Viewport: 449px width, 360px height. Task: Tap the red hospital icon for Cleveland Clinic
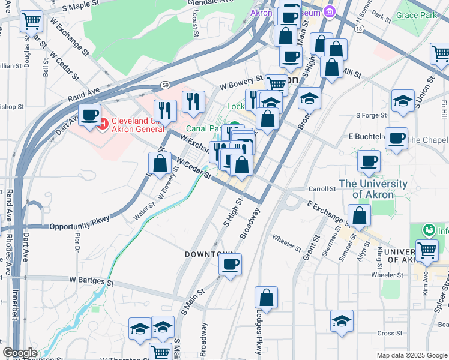pyautogui.click(x=102, y=124)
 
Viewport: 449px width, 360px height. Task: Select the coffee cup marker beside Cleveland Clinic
pyautogui.click(x=90, y=115)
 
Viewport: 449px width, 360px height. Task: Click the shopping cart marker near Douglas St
pyautogui.click(x=31, y=22)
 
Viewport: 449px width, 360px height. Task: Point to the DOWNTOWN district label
pyautogui.click(x=209, y=254)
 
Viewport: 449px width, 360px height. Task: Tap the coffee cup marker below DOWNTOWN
pyautogui.click(x=230, y=265)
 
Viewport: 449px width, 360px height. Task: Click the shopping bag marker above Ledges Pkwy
pyautogui.click(x=266, y=298)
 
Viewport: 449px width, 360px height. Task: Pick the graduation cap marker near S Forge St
pyautogui.click(x=403, y=100)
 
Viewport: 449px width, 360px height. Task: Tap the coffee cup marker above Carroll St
pyautogui.click(x=369, y=161)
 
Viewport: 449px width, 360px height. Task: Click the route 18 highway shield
pyautogui.click(x=358, y=28)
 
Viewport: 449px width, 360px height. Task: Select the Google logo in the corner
pyautogui.click(x=20, y=353)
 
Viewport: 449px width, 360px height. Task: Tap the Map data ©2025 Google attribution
pyautogui.click(x=412, y=355)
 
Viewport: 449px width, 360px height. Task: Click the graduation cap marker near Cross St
pyautogui.click(x=342, y=320)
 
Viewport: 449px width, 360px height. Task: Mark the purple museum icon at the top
pyautogui.click(x=329, y=11)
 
